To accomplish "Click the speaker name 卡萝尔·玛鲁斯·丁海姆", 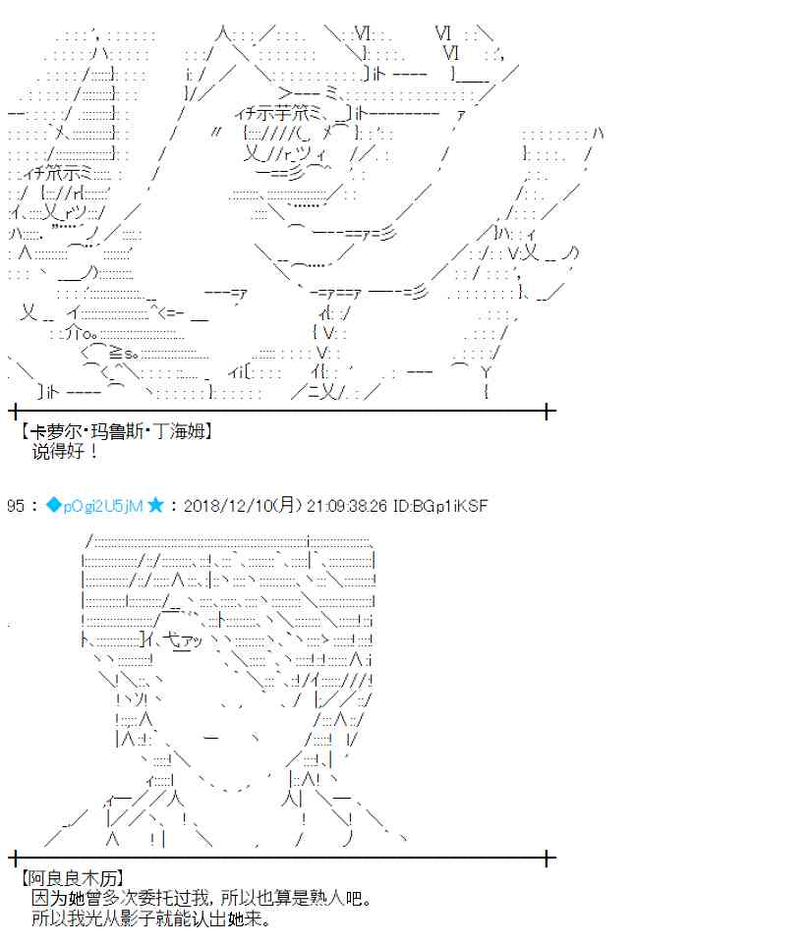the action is [x=116, y=431].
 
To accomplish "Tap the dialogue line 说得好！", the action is [x=65, y=451].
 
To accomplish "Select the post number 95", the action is [x=16, y=506].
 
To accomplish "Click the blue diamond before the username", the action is [x=54, y=505].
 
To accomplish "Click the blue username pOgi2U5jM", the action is [x=103, y=506].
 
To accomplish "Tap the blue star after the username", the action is [x=155, y=505].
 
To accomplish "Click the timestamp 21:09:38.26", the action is [x=346, y=506].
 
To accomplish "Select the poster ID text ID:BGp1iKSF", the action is [x=439, y=506].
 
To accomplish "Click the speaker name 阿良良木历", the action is [x=73, y=879].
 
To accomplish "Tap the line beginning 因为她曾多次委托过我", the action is [x=201, y=898].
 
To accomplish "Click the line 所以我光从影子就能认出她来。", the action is [x=151, y=918].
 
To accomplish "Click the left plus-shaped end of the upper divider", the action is [x=15, y=412].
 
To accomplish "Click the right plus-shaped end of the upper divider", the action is [x=547, y=412].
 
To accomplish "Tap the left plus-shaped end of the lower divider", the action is [x=15, y=859].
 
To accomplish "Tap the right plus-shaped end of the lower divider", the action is [x=547, y=859].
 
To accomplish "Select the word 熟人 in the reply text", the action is [x=326, y=898].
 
